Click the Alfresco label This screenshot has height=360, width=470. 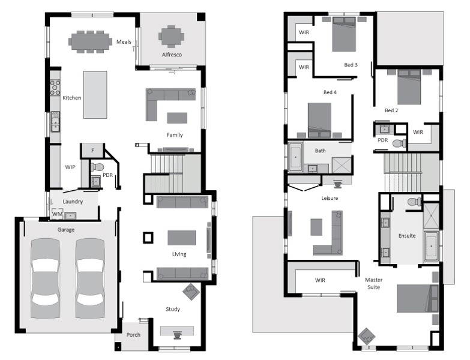coord(172,55)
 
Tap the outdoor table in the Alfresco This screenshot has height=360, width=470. coord(171,36)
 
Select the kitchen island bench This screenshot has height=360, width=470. coord(95,95)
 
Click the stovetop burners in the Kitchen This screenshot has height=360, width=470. coord(55,88)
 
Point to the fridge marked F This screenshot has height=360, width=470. coord(92,151)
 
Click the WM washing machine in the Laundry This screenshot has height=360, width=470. coord(57,214)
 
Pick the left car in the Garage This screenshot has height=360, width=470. coord(46,278)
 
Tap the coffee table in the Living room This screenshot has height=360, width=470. coord(182,238)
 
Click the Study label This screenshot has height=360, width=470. coord(173,309)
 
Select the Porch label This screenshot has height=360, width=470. coord(133,335)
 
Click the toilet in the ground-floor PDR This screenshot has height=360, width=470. coord(97,167)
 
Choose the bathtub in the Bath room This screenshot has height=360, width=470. coord(295,157)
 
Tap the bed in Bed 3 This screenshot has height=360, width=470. coord(344,34)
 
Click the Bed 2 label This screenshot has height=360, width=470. coord(391,110)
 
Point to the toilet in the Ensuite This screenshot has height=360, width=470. coord(415,201)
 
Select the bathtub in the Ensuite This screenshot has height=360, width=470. coord(432,246)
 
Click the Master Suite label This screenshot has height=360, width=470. coord(374,283)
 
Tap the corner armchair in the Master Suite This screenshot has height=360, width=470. coord(366,336)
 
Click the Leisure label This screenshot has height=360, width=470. coord(330,198)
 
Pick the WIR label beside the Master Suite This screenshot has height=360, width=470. coord(320,280)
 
